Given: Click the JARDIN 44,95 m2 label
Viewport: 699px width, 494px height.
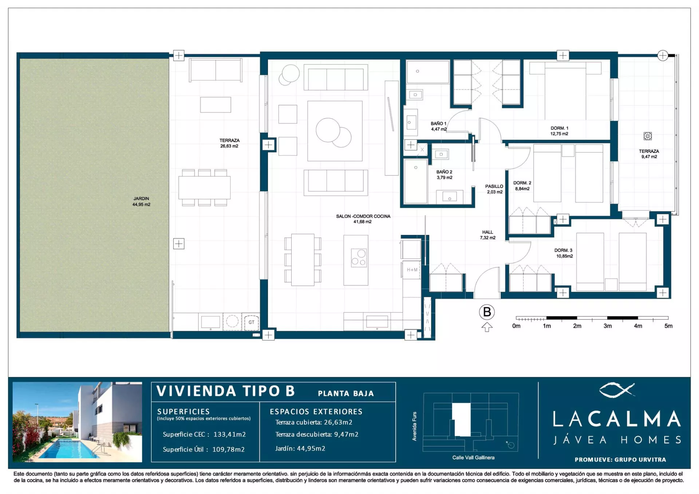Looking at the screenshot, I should pyautogui.click(x=141, y=202).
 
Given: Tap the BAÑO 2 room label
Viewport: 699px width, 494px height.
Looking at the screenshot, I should pyautogui.click(x=444, y=175).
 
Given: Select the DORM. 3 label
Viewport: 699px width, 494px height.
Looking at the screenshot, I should pyautogui.click(x=564, y=253).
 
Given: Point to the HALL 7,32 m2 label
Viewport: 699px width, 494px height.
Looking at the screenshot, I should pyautogui.click(x=487, y=235).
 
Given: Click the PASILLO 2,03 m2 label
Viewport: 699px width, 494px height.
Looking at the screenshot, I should pyautogui.click(x=494, y=189).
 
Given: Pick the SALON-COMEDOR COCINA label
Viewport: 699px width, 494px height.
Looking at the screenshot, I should pyautogui.click(x=363, y=219).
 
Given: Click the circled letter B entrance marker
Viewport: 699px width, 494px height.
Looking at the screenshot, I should pyautogui.click(x=487, y=312).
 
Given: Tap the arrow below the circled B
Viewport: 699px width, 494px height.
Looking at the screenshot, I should pyautogui.click(x=487, y=327).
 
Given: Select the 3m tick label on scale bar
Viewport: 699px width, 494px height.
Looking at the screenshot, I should pyautogui.click(x=608, y=326).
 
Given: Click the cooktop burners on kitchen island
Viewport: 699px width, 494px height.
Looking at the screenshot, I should pyautogui.click(x=359, y=258).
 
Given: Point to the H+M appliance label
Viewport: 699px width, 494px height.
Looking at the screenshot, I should pyautogui.click(x=412, y=270).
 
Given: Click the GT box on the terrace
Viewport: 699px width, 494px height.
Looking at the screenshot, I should pyautogui.click(x=252, y=322).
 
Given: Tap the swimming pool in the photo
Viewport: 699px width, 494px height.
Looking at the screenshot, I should pyautogui.click(x=66, y=448).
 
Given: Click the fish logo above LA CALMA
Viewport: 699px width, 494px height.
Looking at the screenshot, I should pyautogui.click(x=617, y=390).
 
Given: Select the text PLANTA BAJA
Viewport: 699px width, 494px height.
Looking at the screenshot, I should pyautogui.click(x=345, y=394).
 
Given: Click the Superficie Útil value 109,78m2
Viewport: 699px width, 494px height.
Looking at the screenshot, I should pyautogui.click(x=228, y=449).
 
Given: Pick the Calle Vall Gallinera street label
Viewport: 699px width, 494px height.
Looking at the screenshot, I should pyautogui.click(x=473, y=458).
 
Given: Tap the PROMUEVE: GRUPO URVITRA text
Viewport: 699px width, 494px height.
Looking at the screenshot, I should pyautogui.click(x=620, y=459).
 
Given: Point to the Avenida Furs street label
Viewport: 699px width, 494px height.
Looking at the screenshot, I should pyautogui.click(x=414, y=426).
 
